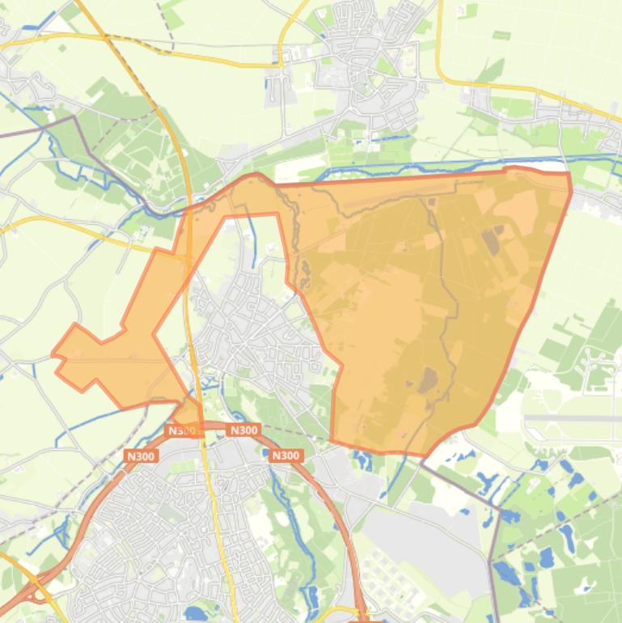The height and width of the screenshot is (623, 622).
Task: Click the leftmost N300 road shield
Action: (x=140, y=456)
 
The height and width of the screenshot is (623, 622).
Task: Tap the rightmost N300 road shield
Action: (x=285, y=456)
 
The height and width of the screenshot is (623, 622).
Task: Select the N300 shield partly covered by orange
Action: (x=182, y=430)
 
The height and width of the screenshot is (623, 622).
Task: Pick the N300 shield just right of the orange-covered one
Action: (x=243, y=430)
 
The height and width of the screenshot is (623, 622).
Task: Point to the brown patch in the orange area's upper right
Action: (x=491, y=239)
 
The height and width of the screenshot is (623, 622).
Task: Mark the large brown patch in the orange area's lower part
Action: (x=427, y=379)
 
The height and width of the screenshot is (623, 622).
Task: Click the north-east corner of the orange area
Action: (x=569, y=173)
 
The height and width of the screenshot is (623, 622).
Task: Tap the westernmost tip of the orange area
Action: (x=53, y=354)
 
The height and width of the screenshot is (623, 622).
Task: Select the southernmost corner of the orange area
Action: (x=422, y=455)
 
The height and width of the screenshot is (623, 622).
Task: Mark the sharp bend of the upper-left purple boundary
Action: (x=74, y=117)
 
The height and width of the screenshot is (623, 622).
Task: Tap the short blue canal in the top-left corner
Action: (x=44, y=18)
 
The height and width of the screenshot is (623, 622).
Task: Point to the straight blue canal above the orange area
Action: (x=421, y=164)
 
